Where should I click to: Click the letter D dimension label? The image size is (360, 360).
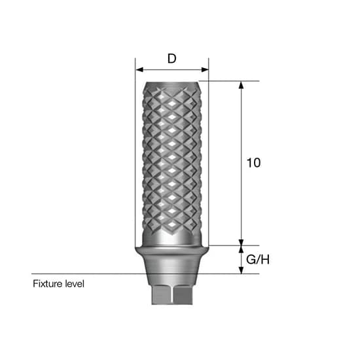pyautogui.click(x=172, y=58)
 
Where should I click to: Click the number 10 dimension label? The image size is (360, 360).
pyautogui.click(x=253, y=163)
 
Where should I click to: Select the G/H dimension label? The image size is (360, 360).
pyautogui.click(x=258, y=260)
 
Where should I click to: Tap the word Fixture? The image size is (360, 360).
pyautogui.click(x=48, y=283)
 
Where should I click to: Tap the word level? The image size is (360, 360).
pyautogui.click(x=75, y=283)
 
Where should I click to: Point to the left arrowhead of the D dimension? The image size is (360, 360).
pyautogui.click(x=139, y=69)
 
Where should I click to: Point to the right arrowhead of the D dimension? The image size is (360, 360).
pyautogui.click(x=205, y=69)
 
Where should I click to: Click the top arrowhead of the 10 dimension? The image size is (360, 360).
pyautogui.click(x=241, y=84)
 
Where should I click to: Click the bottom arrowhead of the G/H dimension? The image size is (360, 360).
pyautogui.click(x=241, y=270)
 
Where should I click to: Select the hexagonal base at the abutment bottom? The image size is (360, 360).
pyautogui.click(x=172, y=295)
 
